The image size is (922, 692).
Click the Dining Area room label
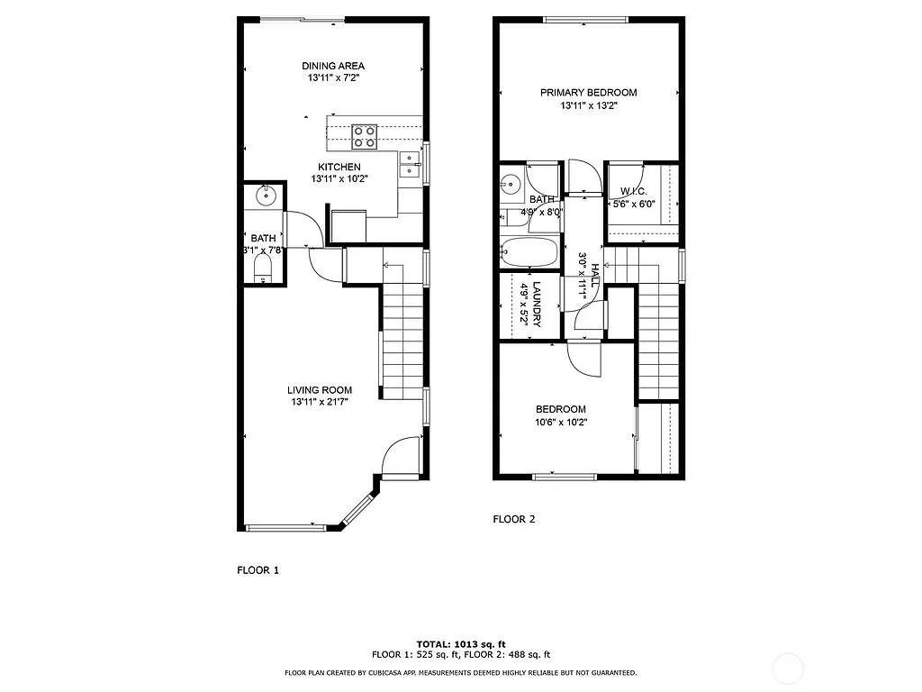click(x=333, y=66)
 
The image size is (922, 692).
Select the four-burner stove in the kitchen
click(x=365, y=136)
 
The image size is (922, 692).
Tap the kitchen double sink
click(x=409, y=164)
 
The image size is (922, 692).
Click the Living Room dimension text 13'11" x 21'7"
click(x=320, y=403)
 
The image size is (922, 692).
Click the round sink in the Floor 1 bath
click(x=267, y=195)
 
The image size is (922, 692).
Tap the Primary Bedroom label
click(x=588, y=93)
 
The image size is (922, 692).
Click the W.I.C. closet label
click(x=633, y=192)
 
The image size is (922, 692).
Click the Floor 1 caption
click(x=258, y=569)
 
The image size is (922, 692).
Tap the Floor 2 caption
click(x=514, y=519)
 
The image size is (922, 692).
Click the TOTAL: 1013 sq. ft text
click(x=461, y=644)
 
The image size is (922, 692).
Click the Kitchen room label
click(x=339, y=167)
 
